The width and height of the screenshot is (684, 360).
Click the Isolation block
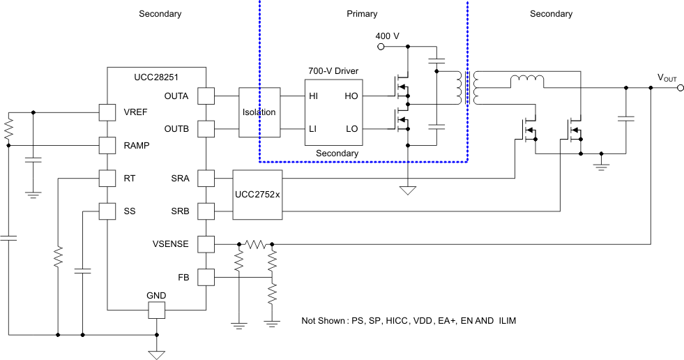[x=259, y=112]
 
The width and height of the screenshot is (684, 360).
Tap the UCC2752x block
[x=258, y=195]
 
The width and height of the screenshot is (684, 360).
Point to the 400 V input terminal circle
[x=381, y=47]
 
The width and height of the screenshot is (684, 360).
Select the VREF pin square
[x=107, y=112]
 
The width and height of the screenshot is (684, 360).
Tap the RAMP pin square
[x=107, y=145]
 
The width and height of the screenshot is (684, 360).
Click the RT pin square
[x=107, y=178]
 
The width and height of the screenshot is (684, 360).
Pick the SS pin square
[x=107, y=211]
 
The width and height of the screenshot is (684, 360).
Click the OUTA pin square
[x=206, y=96]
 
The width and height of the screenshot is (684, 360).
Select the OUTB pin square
[x=206, y=129]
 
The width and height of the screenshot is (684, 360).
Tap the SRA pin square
[x=206, y=178]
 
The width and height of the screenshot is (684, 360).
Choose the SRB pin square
[x=206, y=211]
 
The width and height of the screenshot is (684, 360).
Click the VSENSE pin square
[x=206, y=244]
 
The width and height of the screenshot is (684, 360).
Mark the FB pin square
[x=206, y=277]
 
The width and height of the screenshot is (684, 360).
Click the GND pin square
[x=156, y=310]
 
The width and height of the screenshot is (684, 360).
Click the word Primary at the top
[x=362, y=14]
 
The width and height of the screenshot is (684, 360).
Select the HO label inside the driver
[x=351, y=96]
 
